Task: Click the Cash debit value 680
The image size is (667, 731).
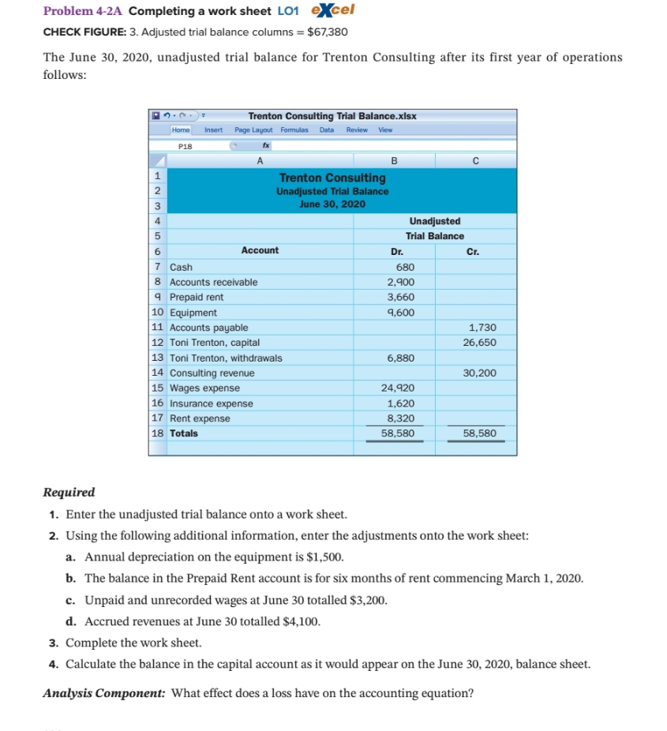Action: [404, 267]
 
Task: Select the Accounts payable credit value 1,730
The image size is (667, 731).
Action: [482, 327]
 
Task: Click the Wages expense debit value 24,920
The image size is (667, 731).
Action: [398, 388]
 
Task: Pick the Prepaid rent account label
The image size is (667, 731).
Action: [197, 297]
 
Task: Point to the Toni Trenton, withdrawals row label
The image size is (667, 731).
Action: [226, 358]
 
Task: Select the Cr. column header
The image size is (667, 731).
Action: [474, 251]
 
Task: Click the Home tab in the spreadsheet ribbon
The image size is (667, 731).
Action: [182, 129]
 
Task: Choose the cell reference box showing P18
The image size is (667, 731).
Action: [185, 146]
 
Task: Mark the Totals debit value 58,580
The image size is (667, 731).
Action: [398, 433]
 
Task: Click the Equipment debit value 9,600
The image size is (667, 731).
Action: [400, 312]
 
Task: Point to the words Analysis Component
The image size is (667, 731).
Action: [103, 694]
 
